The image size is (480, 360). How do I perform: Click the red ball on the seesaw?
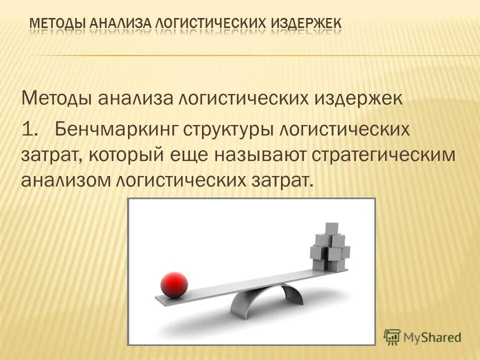pos(174,285)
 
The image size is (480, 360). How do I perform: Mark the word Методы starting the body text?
pos(55,97)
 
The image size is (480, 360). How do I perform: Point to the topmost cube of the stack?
pos(331,229)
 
